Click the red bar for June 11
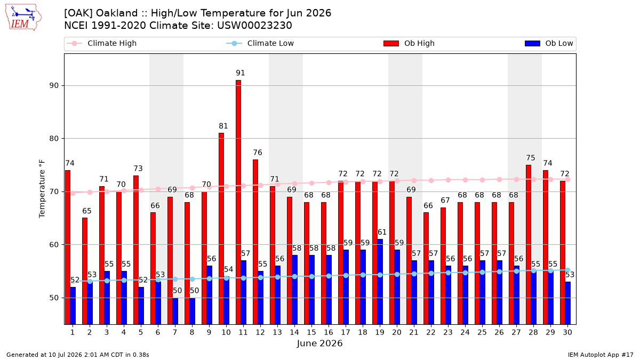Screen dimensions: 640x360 (238, 202)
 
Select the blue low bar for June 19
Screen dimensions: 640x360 (380, 282)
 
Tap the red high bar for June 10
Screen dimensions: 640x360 (221, 229)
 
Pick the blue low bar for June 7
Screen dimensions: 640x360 (175, 311)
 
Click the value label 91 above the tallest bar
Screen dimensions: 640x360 (241, 73)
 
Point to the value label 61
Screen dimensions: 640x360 (382, 232)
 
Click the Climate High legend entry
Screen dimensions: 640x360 (102, 43)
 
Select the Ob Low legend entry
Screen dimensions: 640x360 (549, 43)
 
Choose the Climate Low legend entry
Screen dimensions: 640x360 (260, 43)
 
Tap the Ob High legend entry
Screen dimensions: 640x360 (409, 43)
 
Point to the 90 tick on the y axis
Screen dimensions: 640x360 (54, 86)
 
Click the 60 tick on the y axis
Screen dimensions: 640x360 (54, 245)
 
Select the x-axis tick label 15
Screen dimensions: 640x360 (311, 333)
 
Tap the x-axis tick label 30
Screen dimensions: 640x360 (567, 333)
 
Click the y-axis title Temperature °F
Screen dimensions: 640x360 (42, 189)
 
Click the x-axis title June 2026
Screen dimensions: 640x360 (319, 343)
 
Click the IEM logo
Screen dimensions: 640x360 (23, 18)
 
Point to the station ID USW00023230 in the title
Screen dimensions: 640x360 (254, 26)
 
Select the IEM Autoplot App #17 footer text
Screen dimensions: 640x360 (601, 355)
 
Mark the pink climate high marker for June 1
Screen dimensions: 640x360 (73, 194)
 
